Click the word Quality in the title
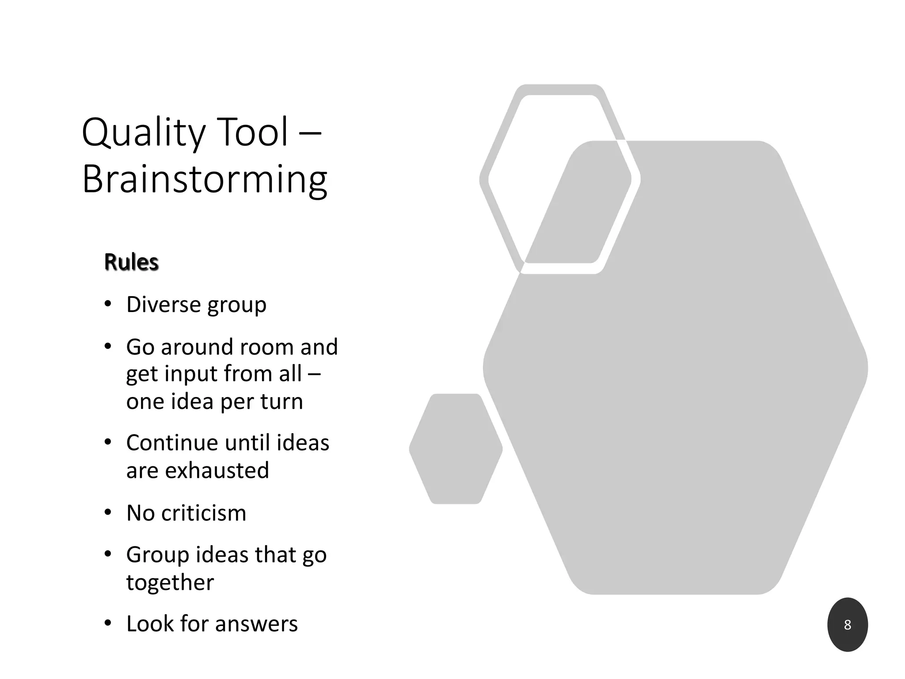coord(143,133)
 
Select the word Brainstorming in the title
coord(205,180)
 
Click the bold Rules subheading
coord(131,262)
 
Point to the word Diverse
coord(164,305)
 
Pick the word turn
coord(281,401)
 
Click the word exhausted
coord(217,470)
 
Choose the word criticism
coord(203,513)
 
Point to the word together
coord(170,583)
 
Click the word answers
coord(256,624)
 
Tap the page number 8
coord(847,625)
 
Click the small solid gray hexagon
coord(456,449)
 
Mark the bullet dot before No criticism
coord(108,513)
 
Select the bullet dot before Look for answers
coord(108,624)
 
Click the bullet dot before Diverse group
coord(108,305)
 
